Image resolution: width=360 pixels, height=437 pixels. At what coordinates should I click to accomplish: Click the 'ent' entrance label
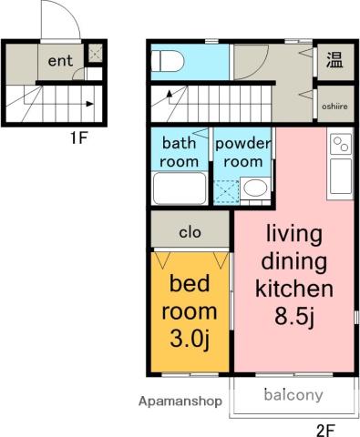[60, 61]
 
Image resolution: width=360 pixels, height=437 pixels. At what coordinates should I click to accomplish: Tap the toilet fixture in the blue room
[168, 61]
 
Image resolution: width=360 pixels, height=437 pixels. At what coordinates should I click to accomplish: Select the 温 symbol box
[335, 60]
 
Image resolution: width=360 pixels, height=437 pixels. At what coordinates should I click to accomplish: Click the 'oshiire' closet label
[334, 107]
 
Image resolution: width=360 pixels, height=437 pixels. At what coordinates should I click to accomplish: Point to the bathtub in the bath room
[180, 188]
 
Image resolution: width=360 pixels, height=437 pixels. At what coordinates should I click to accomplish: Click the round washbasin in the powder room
[255, 188]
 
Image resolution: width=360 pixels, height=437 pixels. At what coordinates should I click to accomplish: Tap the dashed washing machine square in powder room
[226, 192]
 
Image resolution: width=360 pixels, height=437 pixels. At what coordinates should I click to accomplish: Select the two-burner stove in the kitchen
[341, 144]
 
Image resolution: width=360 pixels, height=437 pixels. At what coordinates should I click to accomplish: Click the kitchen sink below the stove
[341, 177]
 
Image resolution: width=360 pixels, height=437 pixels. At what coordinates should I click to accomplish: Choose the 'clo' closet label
[190, 233]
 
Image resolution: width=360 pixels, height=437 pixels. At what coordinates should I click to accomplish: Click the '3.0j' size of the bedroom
[190, 339]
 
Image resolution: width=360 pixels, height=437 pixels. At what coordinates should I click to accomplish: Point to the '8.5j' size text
[294, 316]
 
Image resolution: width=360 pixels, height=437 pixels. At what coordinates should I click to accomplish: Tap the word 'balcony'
[293, 395]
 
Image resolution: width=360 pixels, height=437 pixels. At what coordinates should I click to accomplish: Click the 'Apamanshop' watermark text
[180, 401]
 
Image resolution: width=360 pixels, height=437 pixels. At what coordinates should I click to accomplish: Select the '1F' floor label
[79, 138]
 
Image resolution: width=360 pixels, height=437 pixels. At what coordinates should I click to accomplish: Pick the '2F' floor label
[325, 431]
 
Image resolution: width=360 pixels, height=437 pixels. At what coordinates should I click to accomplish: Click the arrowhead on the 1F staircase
[89, 104]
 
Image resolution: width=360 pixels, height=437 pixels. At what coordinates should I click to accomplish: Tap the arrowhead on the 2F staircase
[170, 93]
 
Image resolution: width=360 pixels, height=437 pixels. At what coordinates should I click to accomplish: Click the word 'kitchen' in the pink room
[294, 289]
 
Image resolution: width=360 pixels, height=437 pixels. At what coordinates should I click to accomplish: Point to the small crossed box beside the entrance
[95, 53]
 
